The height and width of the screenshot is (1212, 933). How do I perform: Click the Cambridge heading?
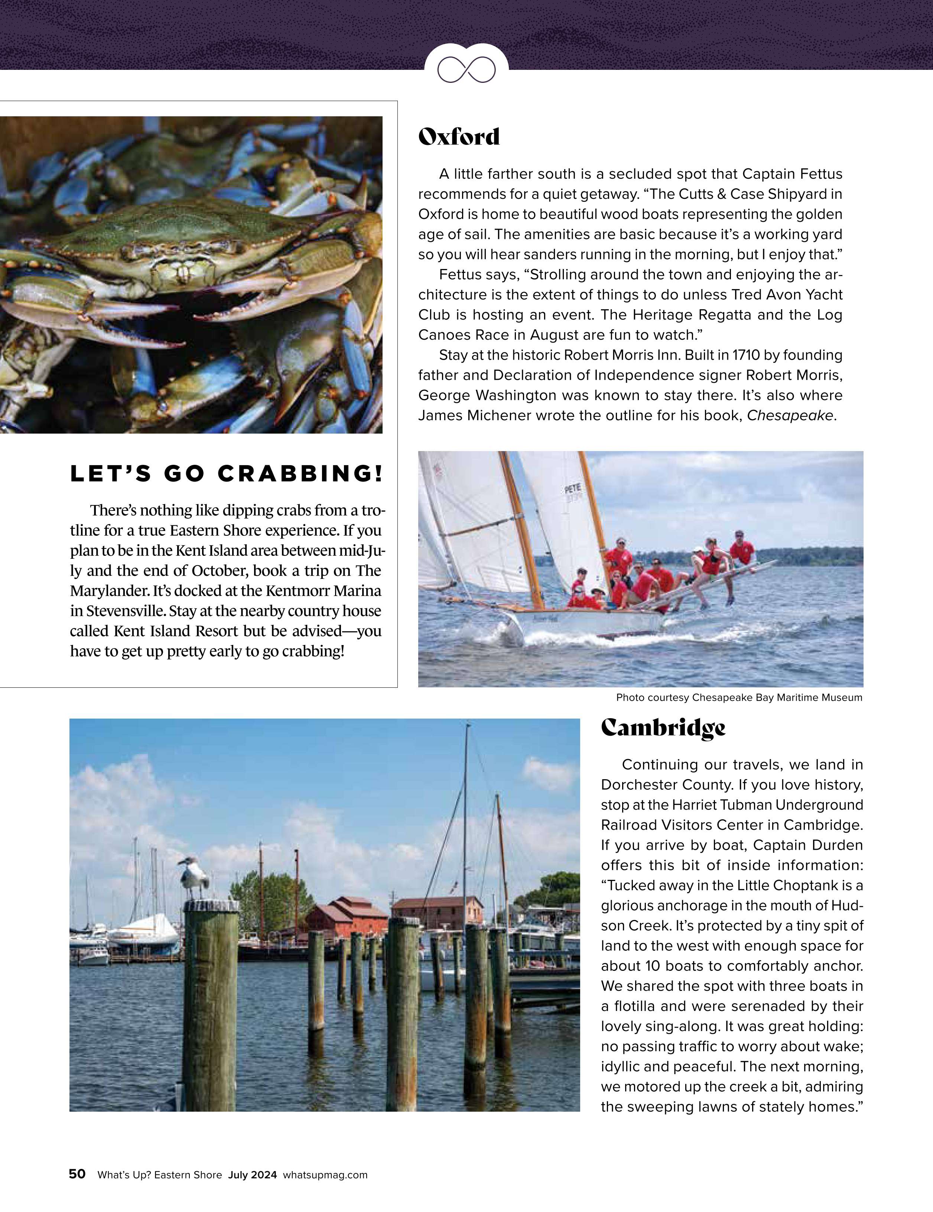point(663,727)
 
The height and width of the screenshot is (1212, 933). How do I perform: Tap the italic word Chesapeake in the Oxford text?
point(790,416)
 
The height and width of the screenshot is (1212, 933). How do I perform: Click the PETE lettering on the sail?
point(573,488)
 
